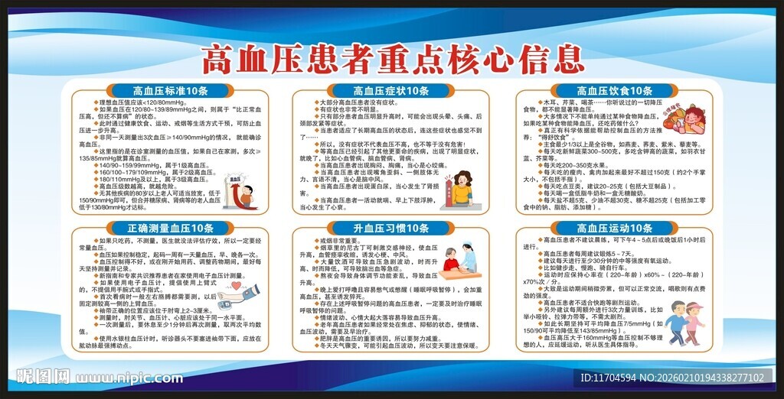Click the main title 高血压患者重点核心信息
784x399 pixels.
point(391,57)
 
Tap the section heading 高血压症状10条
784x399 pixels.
point(391,91)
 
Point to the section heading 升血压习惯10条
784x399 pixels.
point(391,228)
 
